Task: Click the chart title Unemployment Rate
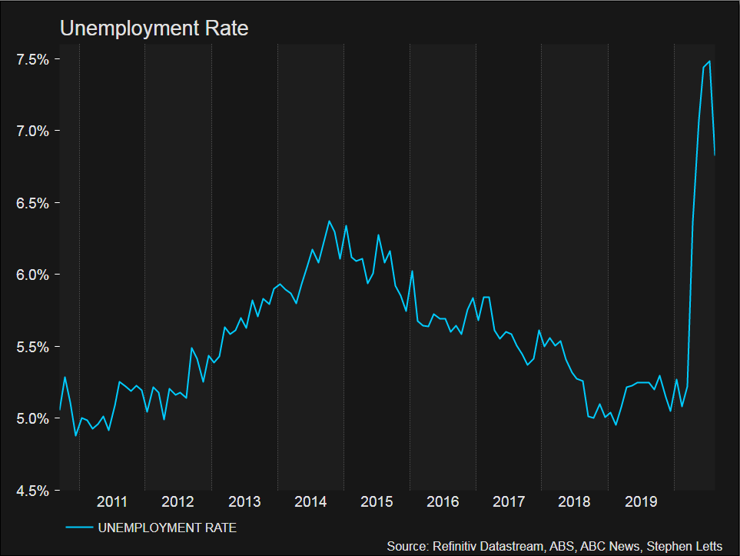point(154,28)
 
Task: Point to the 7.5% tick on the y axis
point(33,59)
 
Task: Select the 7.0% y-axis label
point(33,131)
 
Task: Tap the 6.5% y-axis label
point(33,203)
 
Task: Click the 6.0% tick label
point(33,275)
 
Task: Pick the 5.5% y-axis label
point(33,347)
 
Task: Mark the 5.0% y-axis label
point(33,418)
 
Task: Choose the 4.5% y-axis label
point(33,491)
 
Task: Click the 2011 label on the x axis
point(112,502)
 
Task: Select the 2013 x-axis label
point(244,502)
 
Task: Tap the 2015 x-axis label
point(377,502)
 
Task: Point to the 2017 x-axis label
point(509,502)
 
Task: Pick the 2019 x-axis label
point(641,502)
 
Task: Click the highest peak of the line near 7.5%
point(709,61)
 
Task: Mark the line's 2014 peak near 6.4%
point(329,221)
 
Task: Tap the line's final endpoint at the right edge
point(715,155)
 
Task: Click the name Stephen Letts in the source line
point(685,546)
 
